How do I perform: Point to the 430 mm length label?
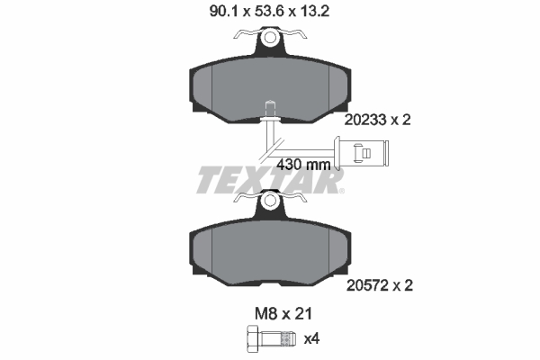pyautogui.click(x=302, y=165)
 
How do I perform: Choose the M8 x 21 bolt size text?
pyautogui.click(x=270, y=314)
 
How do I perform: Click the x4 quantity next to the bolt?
pyautogui.click(x=311, y=340)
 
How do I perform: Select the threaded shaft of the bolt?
pyautogui.click(x=278, y=340)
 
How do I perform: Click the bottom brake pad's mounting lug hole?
pyautogui.click(x=270, y=205)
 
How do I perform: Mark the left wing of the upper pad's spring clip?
pyautogui.click(x=241, y=37)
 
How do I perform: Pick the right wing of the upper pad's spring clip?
pyautogui.click(x=299, y=37)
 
